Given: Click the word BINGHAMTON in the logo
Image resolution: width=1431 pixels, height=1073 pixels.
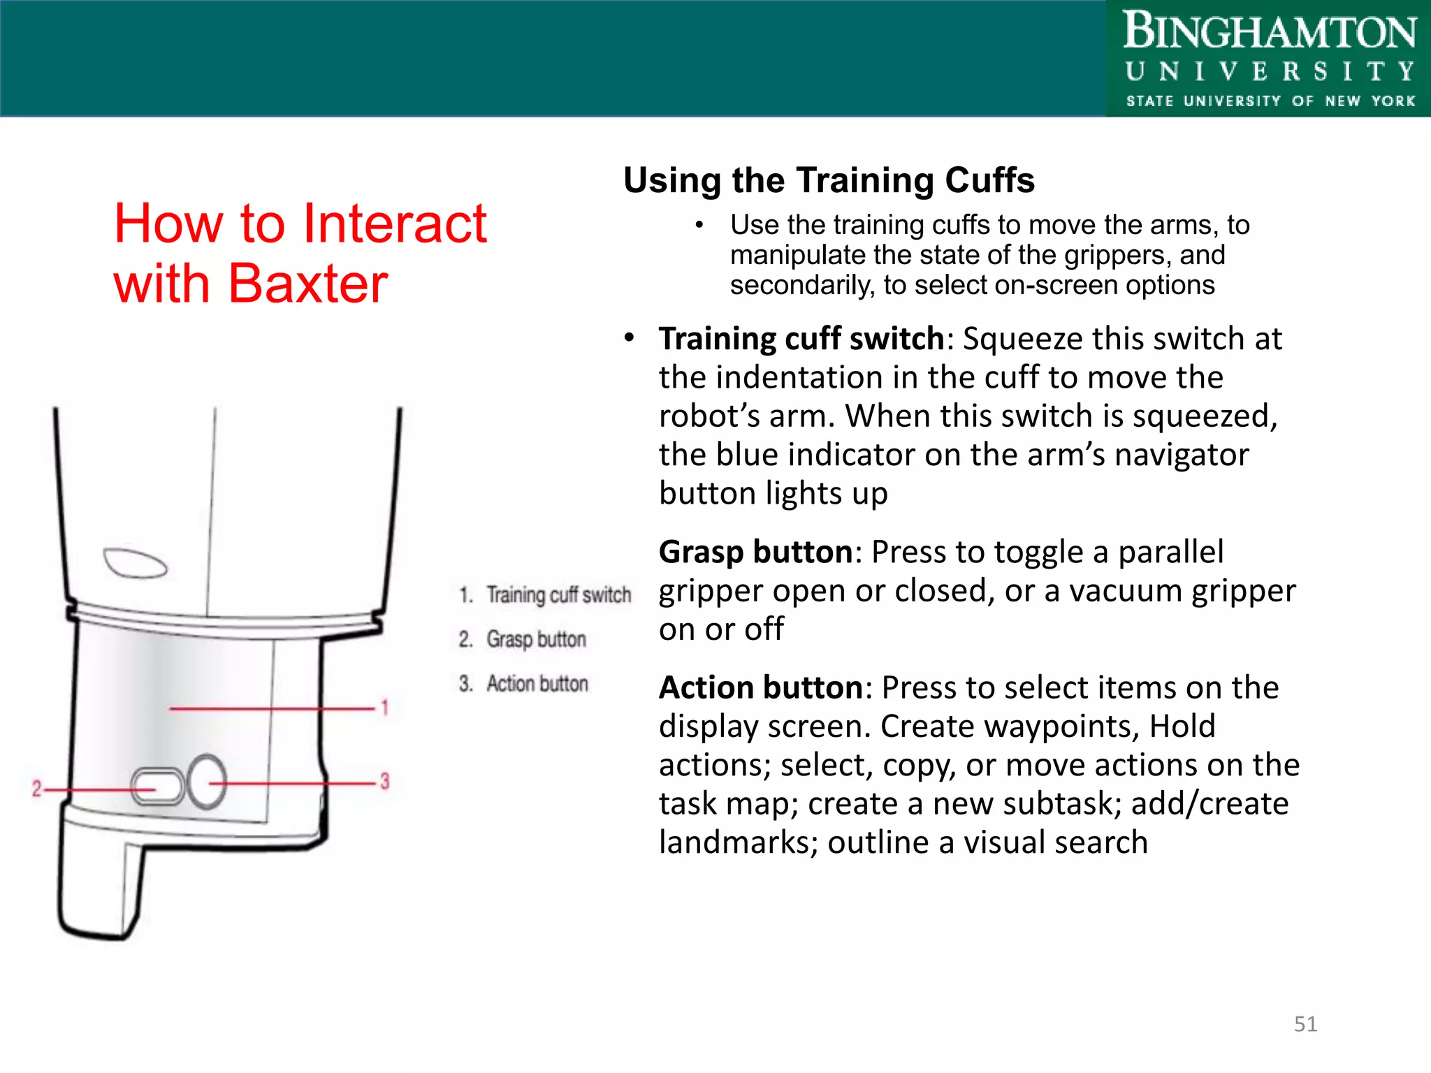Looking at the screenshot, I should click(1269, 32).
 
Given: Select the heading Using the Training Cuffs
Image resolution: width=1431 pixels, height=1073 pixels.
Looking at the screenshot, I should click(829, 181).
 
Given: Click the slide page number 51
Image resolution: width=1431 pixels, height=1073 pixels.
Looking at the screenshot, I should click(1305, 1024).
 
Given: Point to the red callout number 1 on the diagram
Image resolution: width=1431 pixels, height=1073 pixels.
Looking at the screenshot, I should click(384, 708).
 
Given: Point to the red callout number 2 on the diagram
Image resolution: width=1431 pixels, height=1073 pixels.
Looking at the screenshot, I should click(36, 789).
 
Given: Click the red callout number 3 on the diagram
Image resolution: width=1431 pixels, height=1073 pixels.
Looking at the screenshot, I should click(384, 781).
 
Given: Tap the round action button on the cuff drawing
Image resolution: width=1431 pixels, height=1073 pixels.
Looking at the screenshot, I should click(207, 782).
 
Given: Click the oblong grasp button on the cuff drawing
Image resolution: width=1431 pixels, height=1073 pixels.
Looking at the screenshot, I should click(158, 786).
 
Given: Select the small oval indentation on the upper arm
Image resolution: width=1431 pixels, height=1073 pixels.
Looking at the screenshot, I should click(135, 563).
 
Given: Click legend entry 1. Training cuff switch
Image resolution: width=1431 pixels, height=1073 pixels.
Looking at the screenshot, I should click(545, 595).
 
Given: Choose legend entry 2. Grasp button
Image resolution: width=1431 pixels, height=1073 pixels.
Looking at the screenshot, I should click(523, 639).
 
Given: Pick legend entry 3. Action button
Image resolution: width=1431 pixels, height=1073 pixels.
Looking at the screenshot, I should click(524, 683).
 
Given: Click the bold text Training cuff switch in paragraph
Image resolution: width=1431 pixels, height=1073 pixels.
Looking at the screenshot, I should click(801, 339).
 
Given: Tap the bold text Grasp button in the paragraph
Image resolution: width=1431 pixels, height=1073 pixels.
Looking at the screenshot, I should click(755, 553).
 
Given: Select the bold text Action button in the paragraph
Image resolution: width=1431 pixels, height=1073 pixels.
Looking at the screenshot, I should click(761, 688).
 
